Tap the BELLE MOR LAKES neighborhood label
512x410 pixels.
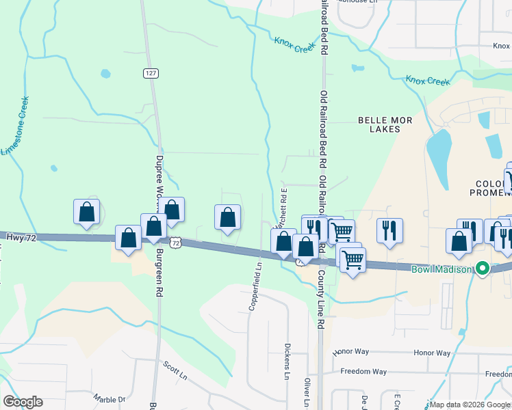click(x=385, y=124)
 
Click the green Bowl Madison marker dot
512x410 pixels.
click(x=483, y=269)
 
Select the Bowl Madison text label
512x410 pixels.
click(x=442, y=269)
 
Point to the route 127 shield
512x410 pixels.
click(x=150, y=73)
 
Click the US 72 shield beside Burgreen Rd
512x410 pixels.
click(x=176, y=243)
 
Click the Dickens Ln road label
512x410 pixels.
click(x=287, y=361)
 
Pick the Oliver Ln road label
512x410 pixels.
click(x=308, y=392)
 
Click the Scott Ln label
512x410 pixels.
click(x=175, y=371)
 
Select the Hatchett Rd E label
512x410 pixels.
click(x=279, y=208)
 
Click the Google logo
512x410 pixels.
click(x=23, y=402)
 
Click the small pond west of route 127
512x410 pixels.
click(x=105, y=73)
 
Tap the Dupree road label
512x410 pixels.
click(x=159, y=178)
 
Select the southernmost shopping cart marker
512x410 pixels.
click(x=353, y=259)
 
